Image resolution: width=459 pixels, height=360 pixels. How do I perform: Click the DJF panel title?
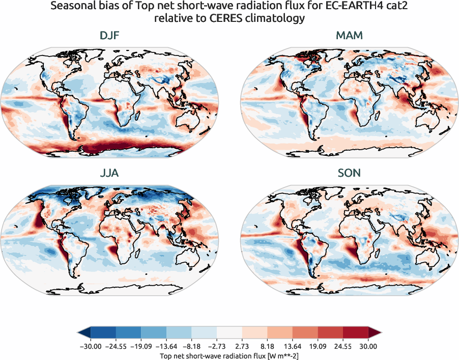109,36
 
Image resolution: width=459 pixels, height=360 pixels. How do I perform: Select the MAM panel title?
349,36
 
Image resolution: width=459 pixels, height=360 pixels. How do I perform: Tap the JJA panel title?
109,174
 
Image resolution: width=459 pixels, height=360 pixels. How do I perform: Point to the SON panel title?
349,174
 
